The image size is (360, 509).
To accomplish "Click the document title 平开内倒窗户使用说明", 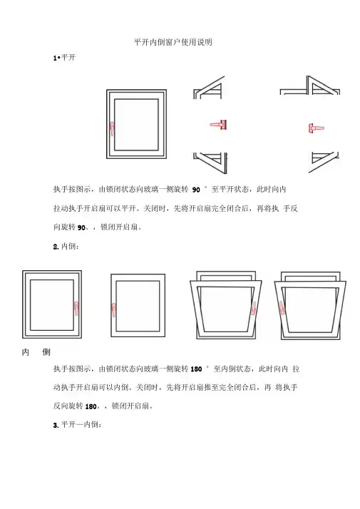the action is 173,42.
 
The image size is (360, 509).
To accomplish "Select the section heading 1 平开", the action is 64,58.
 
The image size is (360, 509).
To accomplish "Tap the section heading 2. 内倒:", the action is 66,246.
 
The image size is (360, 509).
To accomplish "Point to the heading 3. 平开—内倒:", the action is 77,425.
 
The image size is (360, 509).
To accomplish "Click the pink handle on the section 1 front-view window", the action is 112,128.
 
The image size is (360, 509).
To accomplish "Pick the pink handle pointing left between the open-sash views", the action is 218,125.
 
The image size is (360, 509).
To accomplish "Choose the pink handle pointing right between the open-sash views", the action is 316,128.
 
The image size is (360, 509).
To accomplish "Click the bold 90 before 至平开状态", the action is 196,190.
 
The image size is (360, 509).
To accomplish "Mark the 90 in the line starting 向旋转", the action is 81,227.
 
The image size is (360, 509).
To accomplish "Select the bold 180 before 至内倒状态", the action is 196,369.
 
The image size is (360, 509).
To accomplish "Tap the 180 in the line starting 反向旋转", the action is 91,406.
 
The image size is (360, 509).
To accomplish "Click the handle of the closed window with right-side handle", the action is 76,308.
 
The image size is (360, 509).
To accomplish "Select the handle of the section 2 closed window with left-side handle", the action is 113,310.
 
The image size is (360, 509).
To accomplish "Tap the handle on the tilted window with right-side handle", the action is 254,308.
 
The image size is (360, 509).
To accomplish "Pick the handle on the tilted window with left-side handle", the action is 282,308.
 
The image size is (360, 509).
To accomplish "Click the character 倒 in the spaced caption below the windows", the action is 46,352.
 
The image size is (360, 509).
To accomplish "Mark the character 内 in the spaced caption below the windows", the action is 26,352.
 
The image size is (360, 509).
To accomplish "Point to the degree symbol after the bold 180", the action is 207,367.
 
